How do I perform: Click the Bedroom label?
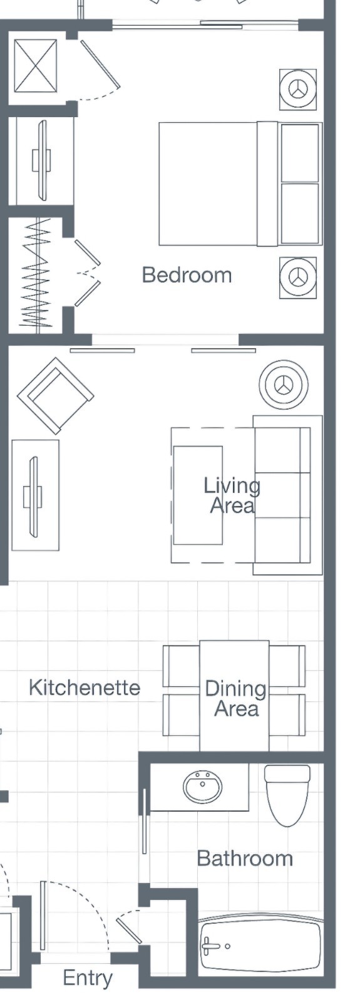coord(187,275)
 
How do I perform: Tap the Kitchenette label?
coord(85,687)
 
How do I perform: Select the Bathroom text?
coord(245,858)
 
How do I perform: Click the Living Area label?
coord(232,495)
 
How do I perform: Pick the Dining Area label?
coord(235,699)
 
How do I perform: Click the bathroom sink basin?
coord(203,786)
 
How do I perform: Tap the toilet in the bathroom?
coord(287,795)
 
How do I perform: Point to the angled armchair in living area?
coord(56,396)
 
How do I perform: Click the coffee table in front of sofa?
coord(198,495)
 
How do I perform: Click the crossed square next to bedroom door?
coord(36,66)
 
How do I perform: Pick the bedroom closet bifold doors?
coord(87,273)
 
